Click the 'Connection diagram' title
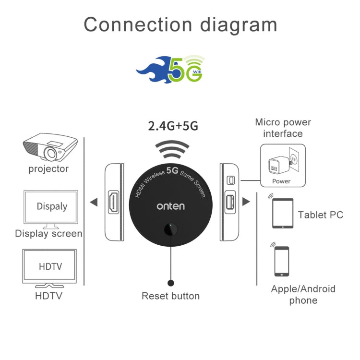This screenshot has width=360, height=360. pos(180,24)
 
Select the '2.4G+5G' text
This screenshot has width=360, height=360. pos(172,126)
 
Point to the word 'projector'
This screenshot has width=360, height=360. pos(48,169)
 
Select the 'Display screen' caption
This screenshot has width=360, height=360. pos(48,234)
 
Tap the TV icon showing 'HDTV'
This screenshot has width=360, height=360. pos(50,266)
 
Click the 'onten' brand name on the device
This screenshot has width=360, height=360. pos(170,206)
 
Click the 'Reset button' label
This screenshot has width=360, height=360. pos(170,296)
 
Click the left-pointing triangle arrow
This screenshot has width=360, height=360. pos(95,202)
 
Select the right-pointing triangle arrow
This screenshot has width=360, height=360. pos(246,202)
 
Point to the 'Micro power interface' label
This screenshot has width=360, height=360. pos(283,128)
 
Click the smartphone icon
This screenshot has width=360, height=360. pos(281,261)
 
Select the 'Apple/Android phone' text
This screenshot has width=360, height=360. pos(303,295)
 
